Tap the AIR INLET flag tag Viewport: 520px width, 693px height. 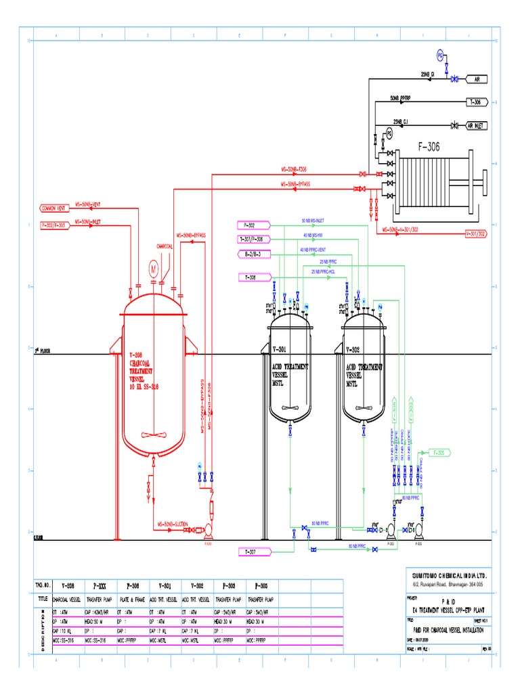coord(477,125)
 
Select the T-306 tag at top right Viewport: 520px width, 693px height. coord(477,102)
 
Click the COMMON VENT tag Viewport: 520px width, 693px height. coord(53,208)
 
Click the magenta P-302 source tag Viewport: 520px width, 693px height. coord(248,225)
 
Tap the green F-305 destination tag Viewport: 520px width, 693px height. coord(439,452)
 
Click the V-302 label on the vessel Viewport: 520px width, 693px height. coord(353,350)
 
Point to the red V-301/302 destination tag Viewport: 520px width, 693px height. coord(476,233)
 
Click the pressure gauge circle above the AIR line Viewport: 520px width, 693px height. coord(439,54)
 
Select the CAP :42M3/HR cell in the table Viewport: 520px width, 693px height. coord(100,611)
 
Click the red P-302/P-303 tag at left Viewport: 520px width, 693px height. coord(53,225)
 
